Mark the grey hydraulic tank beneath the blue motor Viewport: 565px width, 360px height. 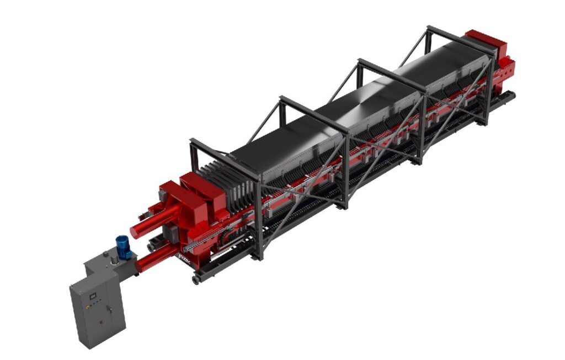click(108, 265)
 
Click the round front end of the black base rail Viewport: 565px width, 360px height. click(196, 280)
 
